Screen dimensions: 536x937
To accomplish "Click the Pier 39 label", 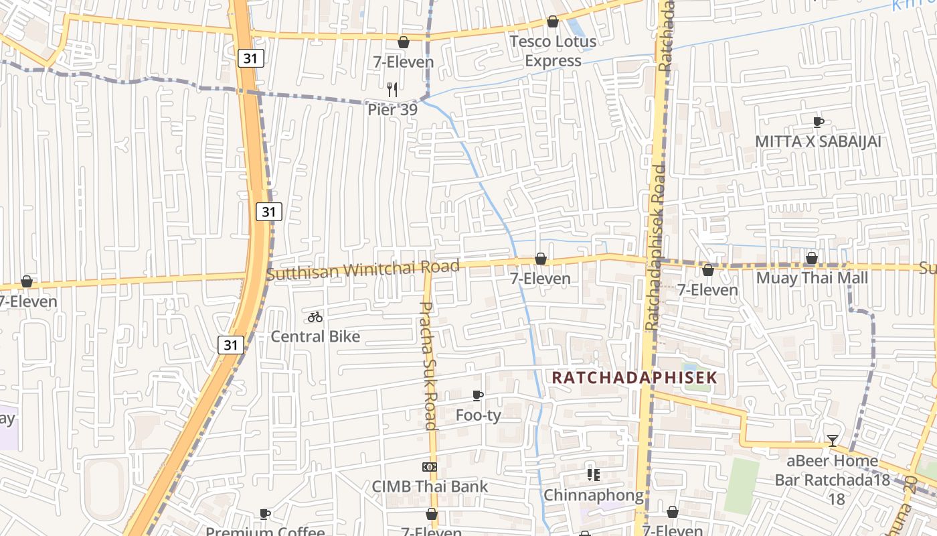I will click(392, 109).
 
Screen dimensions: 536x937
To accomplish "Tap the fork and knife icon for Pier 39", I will click(392, 89).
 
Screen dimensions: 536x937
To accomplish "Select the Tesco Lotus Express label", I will click(553, 51).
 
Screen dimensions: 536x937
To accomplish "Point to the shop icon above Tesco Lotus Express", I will click(553, 21).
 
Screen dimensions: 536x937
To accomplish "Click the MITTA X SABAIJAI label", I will click(818, 142).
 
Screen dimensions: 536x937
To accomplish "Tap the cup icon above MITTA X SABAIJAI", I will click(818, 122).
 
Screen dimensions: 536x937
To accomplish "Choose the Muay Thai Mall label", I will click(812, 277).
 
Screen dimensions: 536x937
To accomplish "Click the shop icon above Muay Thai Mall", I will click(812, 258).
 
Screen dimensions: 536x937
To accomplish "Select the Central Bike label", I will click(315, 336).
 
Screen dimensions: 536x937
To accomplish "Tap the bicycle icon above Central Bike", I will click(315, 317).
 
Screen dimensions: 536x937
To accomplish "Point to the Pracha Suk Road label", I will click(428, 365).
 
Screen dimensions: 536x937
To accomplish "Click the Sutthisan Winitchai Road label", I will click(363, 270).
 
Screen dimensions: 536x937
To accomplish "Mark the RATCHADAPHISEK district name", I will click(634, 377).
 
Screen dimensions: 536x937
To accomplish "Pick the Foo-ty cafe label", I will click(478, 415).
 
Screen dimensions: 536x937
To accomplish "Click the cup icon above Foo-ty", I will click(478, 395).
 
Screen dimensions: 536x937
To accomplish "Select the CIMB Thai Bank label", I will click(430, 486).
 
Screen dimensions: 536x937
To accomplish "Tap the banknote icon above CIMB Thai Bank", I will click(430, 466).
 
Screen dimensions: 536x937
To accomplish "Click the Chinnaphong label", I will click(593, 495).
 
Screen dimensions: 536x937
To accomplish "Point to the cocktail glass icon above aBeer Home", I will click(832, 440).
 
